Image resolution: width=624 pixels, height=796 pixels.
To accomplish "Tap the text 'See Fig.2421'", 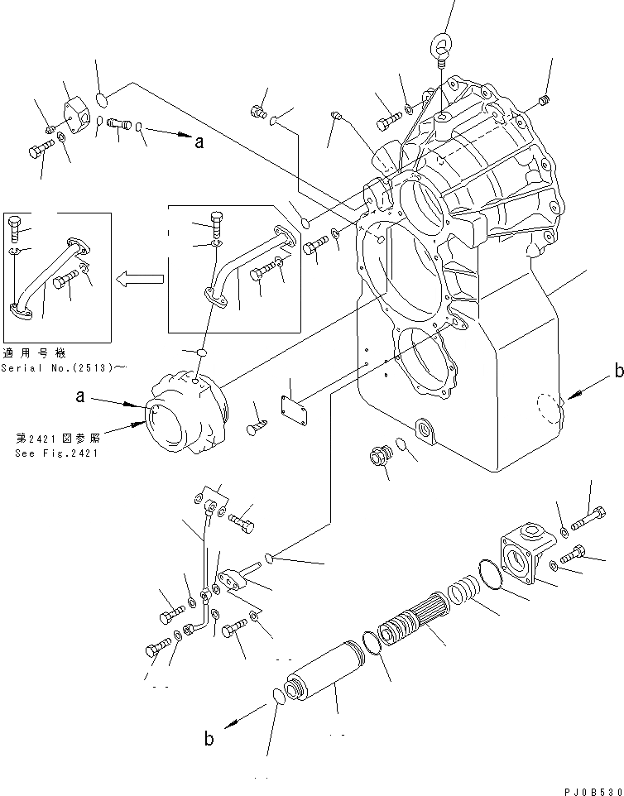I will [55, 453].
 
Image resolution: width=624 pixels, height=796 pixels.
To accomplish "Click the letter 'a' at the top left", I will [199, 142].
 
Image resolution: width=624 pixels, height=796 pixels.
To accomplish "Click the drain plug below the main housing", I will [382, 456].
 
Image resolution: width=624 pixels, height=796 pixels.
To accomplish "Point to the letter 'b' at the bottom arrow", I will [209, 739].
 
